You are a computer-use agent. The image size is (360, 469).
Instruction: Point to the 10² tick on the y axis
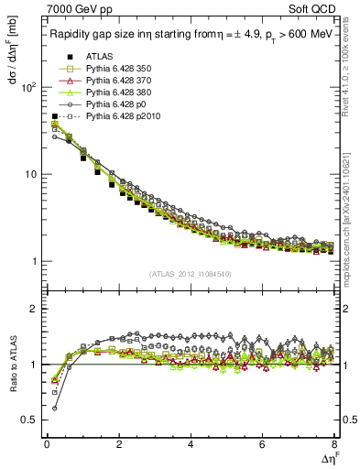point(27,87)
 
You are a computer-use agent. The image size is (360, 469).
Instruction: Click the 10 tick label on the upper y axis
point(29,174)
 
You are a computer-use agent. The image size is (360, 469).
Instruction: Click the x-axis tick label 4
point(190,446)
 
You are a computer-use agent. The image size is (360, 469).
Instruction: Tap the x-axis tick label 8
point(333,446)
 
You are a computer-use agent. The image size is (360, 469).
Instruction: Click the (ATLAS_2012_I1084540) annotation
point(190,274)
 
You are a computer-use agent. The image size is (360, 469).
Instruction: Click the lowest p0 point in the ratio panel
point(54,408)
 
